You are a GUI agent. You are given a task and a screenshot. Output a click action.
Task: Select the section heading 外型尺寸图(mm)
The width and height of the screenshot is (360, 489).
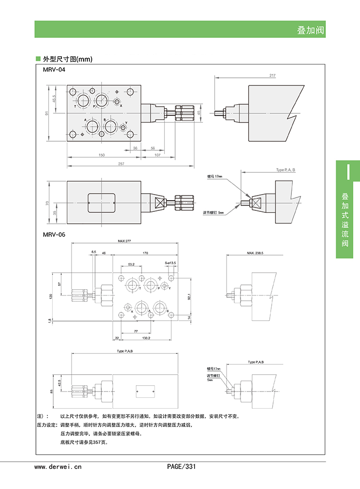pos(67,60)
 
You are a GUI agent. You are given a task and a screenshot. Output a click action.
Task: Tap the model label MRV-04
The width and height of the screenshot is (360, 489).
pos(54,70)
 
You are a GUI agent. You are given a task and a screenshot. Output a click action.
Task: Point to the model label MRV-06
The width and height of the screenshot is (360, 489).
pos(54,235)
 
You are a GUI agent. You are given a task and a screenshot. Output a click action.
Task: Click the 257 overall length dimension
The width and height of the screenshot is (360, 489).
pos(121,164)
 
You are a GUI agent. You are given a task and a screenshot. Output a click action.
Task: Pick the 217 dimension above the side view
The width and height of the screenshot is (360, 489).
pos(273,75)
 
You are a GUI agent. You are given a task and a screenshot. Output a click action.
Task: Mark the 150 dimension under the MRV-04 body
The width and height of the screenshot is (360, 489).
pos(101,155)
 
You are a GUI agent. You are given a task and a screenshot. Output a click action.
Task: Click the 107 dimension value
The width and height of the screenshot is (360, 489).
pos(157,155)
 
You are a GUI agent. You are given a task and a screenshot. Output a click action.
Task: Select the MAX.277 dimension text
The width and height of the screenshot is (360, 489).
pos(124,241)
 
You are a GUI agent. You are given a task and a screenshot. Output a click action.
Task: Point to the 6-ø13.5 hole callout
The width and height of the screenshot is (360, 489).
pos(170,263)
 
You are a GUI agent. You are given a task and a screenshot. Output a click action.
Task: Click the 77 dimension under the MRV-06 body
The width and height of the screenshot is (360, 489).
pos(136,331)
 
